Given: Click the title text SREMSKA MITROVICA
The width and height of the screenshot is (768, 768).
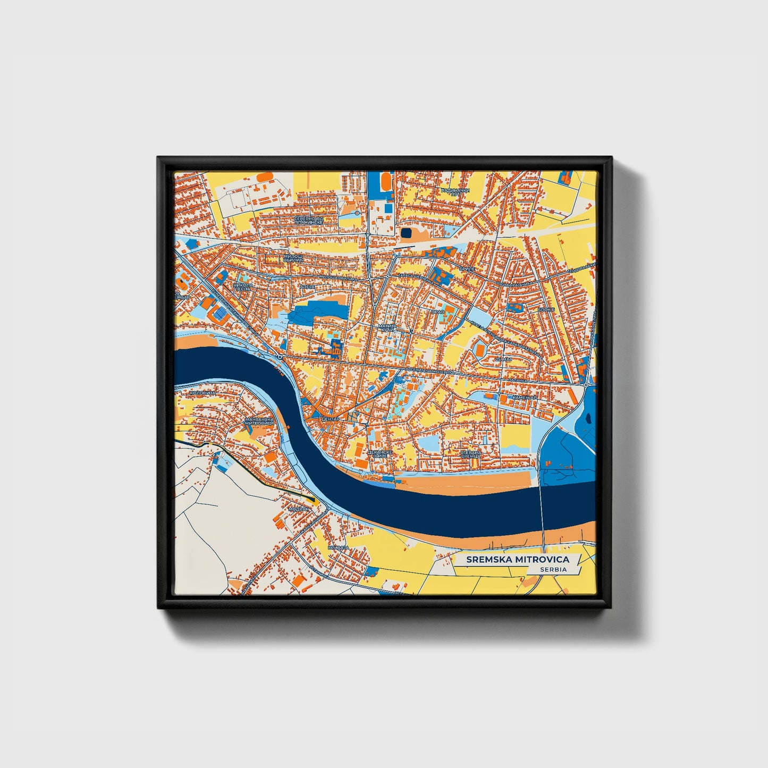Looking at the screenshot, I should (x=517, y=559).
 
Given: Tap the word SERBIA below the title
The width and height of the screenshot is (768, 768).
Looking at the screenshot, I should (x=553, y=569).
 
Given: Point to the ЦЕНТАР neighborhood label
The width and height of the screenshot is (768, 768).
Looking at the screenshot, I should (x=330, y=419).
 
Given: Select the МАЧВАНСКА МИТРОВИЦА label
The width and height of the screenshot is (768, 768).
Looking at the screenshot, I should (x=259, y=421).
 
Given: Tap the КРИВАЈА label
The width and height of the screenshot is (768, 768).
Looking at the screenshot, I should (x=338, y=547).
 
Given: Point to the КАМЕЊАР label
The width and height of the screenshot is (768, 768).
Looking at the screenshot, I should (x=524, y=397).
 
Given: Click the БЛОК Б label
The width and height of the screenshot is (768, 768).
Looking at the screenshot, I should (x=546, y=309).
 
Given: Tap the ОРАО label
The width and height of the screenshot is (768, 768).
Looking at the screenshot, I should (x=437, y=311).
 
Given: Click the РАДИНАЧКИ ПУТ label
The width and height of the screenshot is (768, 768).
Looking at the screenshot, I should (x=455, y=192).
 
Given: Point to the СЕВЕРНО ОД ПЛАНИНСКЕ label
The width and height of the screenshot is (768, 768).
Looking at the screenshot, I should (x=309, y=220).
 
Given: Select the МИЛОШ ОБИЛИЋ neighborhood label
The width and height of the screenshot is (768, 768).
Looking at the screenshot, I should (x=293, y=258).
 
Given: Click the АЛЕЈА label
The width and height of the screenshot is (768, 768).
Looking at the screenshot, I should (x=307, y=287).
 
